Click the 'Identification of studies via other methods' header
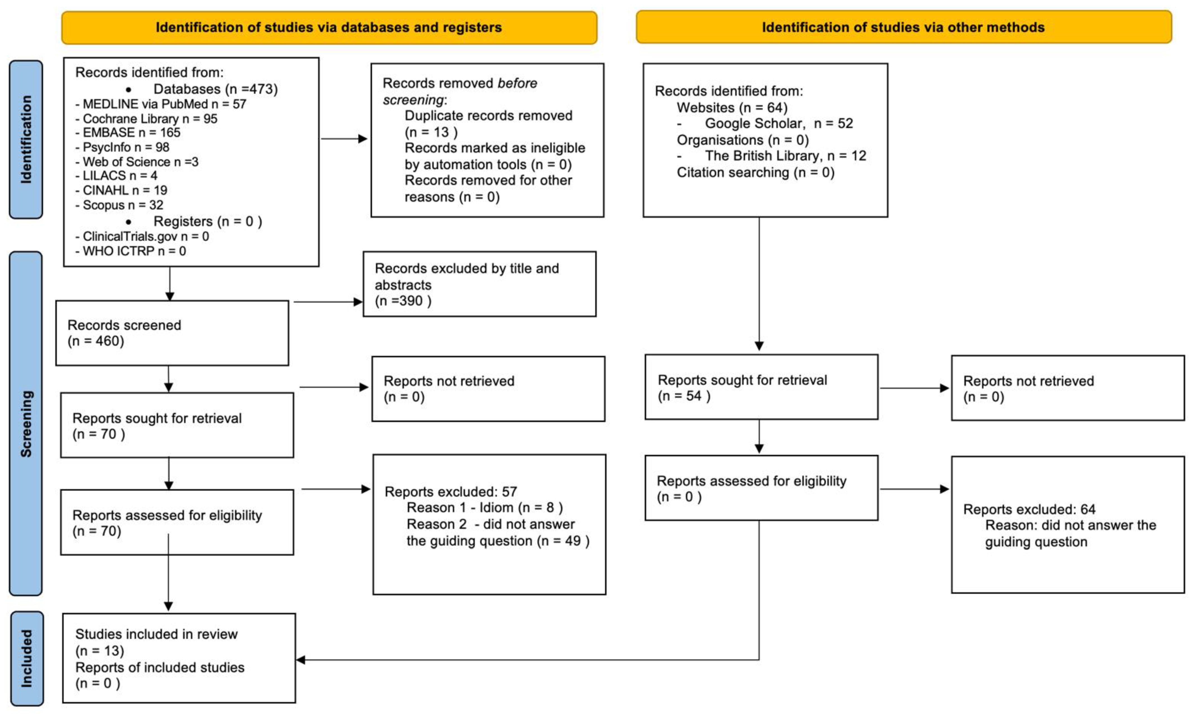coord(904,27)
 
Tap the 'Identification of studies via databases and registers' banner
coord(329,27)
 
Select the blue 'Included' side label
coord(27,658)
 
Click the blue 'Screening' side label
coord(26,424)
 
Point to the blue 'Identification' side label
coord(26,140)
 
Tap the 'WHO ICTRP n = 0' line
coord(131,251)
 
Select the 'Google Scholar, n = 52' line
coord(779,123)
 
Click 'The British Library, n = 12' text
coord(785,156)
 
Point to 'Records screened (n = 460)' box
coord(172,333)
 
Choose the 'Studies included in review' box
coord(179,658)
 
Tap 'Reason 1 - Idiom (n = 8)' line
coord(485,508)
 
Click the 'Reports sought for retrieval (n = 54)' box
coord(761,387)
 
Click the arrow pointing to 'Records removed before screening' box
coord(344,139)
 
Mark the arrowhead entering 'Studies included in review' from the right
coord(301,660)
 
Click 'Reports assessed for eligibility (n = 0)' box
coord(761,488)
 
